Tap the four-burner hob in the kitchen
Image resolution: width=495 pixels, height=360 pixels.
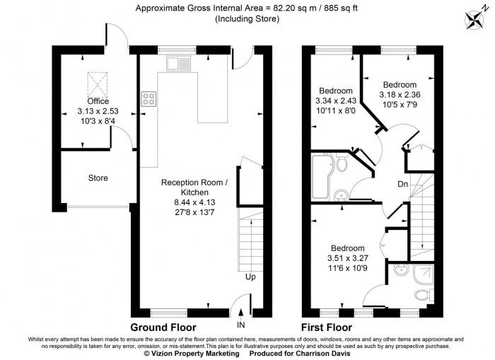point(148,99)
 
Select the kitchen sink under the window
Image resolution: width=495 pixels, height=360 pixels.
point(175,64)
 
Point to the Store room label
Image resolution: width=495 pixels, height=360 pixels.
point(98,178)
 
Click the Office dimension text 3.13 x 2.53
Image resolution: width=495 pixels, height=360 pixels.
point(98,111)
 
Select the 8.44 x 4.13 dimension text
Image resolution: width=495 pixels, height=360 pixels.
point(194,202)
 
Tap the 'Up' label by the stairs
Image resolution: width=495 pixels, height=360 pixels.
point(250,277)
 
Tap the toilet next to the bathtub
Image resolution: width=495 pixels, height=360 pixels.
point(342,165)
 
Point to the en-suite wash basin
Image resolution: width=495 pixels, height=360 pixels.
point(400,269)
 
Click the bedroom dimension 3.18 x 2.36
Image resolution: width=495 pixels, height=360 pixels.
point(400,95)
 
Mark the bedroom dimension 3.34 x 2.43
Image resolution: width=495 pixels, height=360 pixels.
point(335,101)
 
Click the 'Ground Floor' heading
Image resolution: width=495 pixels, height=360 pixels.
point(163,327)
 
